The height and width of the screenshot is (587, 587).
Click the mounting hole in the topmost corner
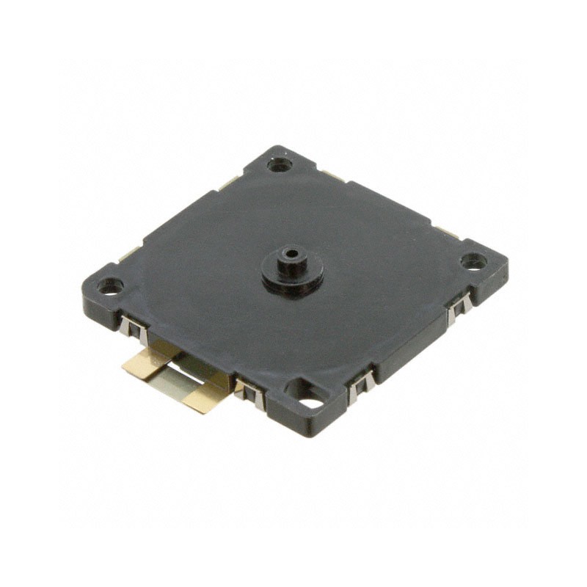pyautogui.click(x=279, y=164)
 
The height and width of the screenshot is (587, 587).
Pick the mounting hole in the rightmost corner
pyautogui.click(x=473, y=260)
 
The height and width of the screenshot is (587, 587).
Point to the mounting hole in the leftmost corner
pyautogui.click(x=110, y=286)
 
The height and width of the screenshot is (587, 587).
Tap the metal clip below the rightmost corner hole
pyautogui.click(x=458, y=307)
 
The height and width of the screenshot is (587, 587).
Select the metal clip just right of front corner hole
pyautogui.click(x=360, y=384)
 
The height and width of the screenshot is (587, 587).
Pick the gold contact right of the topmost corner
pyautogui.click(x=334, y=176)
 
